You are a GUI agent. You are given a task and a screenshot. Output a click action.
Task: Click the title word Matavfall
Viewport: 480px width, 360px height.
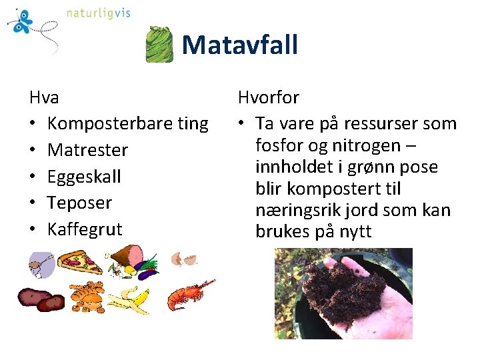[239, 45]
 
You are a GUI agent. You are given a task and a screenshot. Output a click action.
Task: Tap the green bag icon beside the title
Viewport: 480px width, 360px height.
[160, 45]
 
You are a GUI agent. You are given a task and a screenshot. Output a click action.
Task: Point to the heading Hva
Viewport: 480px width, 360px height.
[44, 97]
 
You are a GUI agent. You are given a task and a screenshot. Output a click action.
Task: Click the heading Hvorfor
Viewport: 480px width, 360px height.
[269, 97]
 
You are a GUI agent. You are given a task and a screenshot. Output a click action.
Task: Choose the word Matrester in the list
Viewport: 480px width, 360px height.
[87, 150]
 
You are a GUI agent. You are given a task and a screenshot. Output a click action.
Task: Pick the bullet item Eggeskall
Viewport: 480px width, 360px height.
[84, 177]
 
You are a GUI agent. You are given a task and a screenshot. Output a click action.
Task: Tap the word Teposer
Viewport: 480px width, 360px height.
[79, 203]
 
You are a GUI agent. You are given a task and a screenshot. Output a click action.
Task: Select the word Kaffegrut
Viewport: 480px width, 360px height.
[85, 229]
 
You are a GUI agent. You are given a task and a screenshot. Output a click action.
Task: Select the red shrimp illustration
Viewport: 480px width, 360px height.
[188, 296]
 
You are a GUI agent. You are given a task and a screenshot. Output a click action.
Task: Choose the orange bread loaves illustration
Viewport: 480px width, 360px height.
[87, 297]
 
